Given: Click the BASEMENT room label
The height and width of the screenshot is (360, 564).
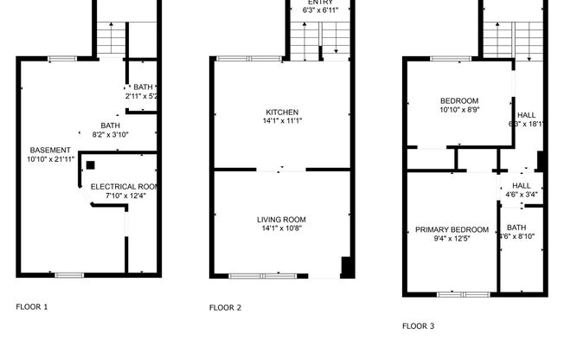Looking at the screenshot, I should click(x=43, y=150).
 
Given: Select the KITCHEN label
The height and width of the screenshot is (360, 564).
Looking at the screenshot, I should click(x=282, y=112).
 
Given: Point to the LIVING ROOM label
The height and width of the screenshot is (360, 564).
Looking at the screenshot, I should click(x=282, y=220).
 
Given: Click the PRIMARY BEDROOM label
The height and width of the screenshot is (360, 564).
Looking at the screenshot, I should click(x=452, y=229).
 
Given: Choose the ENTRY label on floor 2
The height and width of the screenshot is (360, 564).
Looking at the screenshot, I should click(x=320, y=2).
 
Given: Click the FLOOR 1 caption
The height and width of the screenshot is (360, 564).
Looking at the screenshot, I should click(x=32, y=306).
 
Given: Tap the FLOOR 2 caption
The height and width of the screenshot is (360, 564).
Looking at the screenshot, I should click(x=225, y=307).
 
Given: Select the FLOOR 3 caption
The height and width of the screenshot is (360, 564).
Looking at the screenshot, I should click(x=418, y=326).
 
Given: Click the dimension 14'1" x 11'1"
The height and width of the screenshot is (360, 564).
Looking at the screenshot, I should click(x=282, y=121).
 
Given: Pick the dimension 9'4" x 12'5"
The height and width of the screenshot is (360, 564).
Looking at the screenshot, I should click(x=452, y=239).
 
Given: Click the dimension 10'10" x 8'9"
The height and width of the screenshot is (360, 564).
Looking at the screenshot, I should click(x=459, y=110).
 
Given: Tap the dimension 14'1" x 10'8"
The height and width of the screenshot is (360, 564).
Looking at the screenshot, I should click(x=282, y=229).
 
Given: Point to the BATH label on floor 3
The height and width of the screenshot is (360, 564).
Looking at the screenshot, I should click(x=516, y=228).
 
